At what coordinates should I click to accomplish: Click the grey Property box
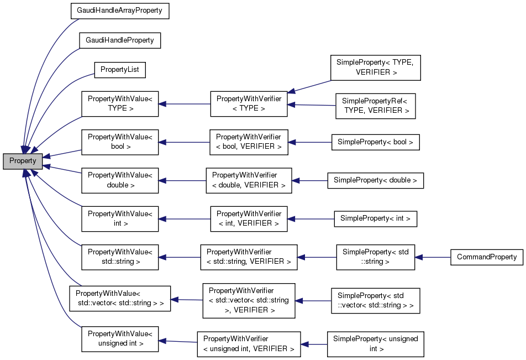click(23, 161)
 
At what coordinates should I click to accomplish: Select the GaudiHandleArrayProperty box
click(119, 11)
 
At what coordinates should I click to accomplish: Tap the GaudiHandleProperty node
click(119, 40)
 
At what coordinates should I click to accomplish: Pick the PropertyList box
click(120, 70)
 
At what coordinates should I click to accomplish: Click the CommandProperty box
click(487, 257)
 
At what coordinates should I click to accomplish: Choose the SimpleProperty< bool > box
click(375, 142)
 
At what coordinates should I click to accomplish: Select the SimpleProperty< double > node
click(375, 180)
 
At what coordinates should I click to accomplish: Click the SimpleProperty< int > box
click(375, 218)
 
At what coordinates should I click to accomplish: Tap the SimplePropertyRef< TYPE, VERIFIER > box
click(375, 106)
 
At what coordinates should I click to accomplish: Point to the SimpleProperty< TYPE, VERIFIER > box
click(375, 67)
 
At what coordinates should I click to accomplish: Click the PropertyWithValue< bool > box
click(120, 142)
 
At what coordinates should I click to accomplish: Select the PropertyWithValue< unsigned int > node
click(120, 339)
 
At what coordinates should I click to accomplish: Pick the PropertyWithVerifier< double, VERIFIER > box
click(249, 180)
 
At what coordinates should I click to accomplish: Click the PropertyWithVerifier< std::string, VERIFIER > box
click(249, 257)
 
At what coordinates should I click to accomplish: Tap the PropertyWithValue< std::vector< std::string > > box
click(119, 299)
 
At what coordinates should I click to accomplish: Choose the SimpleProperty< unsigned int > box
click(375, 344)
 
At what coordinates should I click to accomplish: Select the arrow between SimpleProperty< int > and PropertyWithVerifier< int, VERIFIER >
click(311, 219)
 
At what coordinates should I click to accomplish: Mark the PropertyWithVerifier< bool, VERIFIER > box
click(249, 142)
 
